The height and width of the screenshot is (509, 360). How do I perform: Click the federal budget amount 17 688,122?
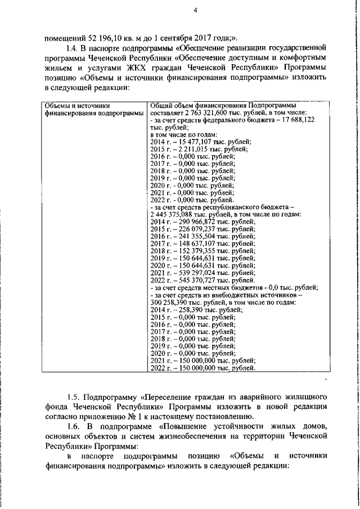[x=295, y=120]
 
